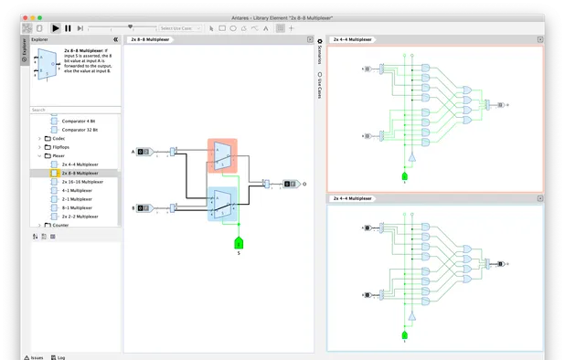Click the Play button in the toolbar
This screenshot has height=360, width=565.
pos(56,28)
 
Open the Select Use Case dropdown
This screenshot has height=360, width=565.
pos(179,28)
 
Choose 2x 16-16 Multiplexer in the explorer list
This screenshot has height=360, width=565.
pos(82,182)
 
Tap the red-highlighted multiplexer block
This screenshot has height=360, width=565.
pos(222,155)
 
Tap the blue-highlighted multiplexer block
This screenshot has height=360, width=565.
pos(222,203)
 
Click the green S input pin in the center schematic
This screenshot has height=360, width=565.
pos(239,242)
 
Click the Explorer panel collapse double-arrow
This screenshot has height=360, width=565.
pos(115,40)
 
